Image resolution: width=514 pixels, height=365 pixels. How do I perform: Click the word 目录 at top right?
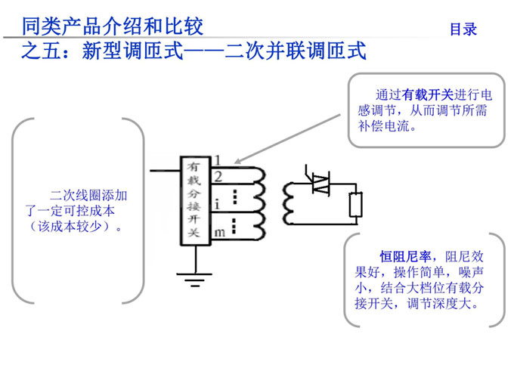point(463,29)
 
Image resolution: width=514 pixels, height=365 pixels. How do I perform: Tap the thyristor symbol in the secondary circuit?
point(320,181)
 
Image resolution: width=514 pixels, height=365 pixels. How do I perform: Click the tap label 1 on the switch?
point(217,160)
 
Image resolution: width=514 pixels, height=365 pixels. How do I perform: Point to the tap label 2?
point(218,177)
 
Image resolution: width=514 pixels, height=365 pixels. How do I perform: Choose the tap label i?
point(218,204)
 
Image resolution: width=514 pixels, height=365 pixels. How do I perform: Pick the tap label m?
point(218,233)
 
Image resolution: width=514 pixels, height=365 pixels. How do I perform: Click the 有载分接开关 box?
point(194,201)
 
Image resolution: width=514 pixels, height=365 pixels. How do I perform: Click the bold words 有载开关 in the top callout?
point(428,94)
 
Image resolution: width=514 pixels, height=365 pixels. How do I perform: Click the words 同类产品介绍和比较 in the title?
point(113,27)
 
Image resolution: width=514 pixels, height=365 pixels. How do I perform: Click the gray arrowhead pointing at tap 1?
point(237,161)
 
